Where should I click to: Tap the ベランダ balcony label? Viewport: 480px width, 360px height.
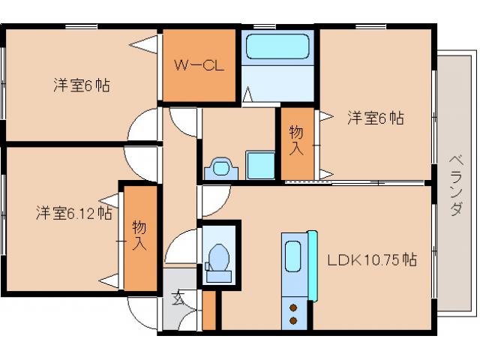click(455, 184)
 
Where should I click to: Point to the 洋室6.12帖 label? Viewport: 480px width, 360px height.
click(73, 213)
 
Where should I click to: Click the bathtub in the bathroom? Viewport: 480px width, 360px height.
click(277, 48)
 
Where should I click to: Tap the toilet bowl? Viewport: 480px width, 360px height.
click(220, 259)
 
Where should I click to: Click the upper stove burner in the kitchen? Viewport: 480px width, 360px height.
click(294, 307)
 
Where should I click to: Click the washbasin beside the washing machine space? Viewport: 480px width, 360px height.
click(220, 166)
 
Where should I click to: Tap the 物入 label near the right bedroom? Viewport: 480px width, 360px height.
click(297, 140)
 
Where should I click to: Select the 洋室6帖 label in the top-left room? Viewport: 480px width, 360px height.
click(81, 85)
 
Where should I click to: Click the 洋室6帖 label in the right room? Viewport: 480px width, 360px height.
click(375, 118)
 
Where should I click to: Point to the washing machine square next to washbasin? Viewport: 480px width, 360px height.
click(261, 163)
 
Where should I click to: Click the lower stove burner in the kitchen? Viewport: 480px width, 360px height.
click(294, 321)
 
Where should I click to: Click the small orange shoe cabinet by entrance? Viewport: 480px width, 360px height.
click(209, 308)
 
